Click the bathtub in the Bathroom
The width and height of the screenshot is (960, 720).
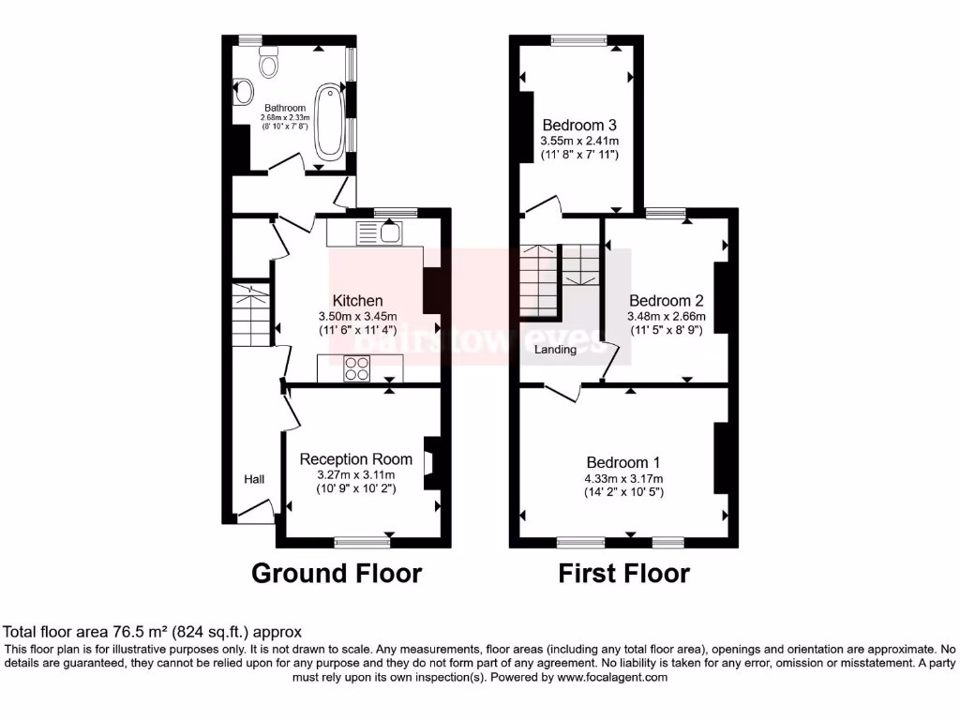point(329,122)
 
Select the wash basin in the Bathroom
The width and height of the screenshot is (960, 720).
point(244,92)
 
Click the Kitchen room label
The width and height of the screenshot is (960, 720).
point(358,301)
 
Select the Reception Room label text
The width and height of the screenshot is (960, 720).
point(355,459)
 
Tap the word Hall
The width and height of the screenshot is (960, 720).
point(254,480)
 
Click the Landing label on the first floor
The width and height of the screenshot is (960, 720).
point(555,350)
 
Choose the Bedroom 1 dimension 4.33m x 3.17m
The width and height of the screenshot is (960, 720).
point(623,477)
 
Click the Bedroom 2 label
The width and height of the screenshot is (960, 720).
point(666,301)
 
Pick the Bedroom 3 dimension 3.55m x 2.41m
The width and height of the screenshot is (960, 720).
point(578,141)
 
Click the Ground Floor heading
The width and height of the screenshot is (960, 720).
point(337,573)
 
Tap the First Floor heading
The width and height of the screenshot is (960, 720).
point(623,573)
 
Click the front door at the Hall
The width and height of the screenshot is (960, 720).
point(254,511)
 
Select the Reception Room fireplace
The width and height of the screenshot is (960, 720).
point(430,462)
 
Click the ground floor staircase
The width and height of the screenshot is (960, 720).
point(250,314)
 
